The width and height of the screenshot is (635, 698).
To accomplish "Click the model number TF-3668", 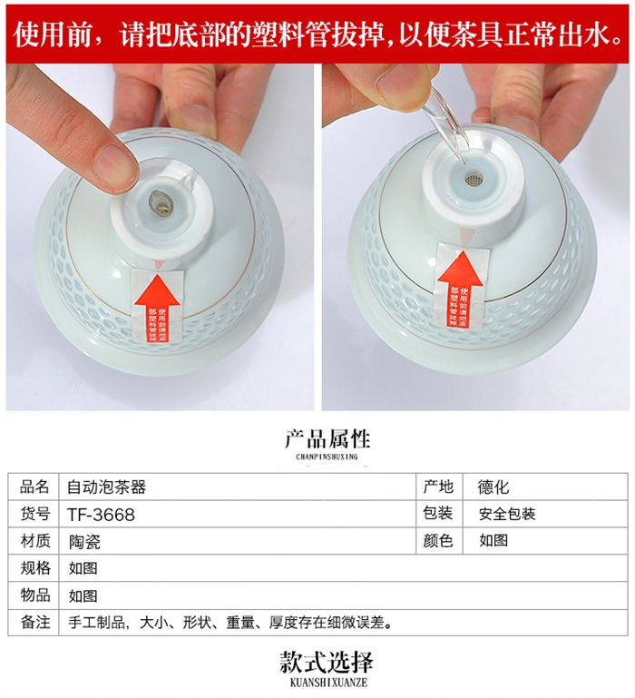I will pos(101,514).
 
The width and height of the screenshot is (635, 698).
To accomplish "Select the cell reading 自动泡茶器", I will pos(106,487).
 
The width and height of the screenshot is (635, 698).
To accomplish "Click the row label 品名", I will pos(34,487).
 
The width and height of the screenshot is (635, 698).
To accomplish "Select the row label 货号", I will pos(34,514).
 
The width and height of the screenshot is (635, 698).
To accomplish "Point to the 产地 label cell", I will pos(438,487).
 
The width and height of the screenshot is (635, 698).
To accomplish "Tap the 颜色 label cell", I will pos(438,541).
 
